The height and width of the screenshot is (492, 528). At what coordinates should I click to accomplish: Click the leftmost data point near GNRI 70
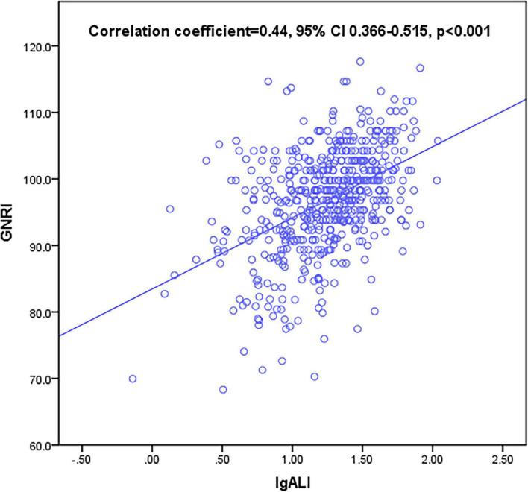click(x=133, y=379)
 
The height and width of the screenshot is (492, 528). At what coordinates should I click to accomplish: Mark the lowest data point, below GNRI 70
click(x=223, y=389)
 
